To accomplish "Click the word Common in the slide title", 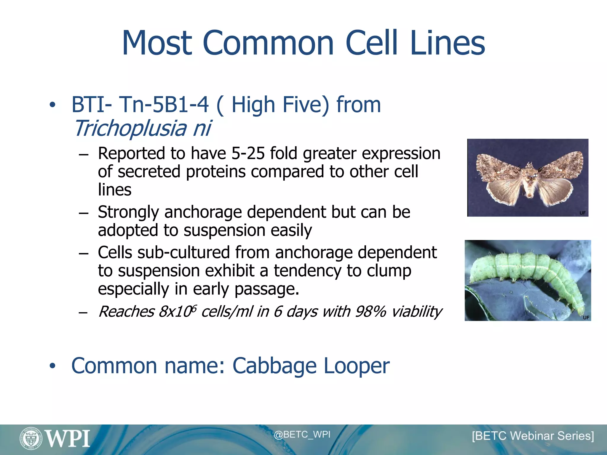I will tap(268, 43).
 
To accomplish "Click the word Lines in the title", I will tap(448, 43).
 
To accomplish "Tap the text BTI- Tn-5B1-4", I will tap(140, 105).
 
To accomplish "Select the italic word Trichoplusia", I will tap(130, 129).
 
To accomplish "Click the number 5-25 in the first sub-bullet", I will tap(248, 153).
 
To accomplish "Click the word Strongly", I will tap(128, 212).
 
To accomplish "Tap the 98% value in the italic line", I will tap(370, 312).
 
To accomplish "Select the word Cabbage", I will tap(274, 366).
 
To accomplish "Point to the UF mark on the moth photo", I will tap(582, 213).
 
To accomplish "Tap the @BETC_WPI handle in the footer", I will tap(302, 435).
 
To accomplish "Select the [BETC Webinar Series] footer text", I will tap(533, 436).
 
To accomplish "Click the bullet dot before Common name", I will tap(52, 366).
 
